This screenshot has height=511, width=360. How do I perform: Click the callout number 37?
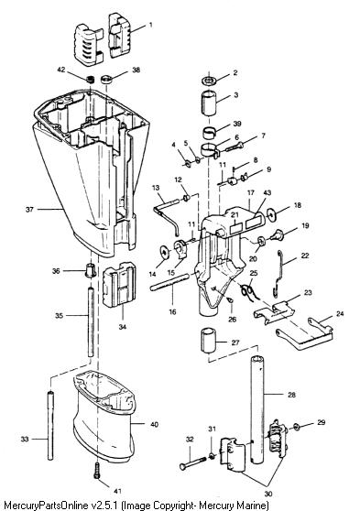(x=29, y=209)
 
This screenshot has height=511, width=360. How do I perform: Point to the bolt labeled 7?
(x=235, y=147)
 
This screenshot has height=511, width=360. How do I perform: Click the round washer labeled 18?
(x=271, y=213)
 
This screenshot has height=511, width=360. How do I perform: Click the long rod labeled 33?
(x=50, y=425)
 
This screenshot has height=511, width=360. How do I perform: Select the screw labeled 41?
(x=96, y=471)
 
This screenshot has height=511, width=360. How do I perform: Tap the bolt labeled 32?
(x=192, y=462)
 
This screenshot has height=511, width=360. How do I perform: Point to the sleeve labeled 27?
(x=208, y=341)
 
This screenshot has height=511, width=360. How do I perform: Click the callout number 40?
(x=154, y=424)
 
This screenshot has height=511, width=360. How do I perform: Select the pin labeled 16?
(x=169, y=283)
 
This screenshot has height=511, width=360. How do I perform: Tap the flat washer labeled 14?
(x=165, y=252)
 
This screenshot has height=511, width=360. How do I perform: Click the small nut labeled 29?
(x=297, y=426)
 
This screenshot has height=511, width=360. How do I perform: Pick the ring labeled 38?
(x=106, y=79)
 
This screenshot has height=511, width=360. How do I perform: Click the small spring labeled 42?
(x=91, y=79)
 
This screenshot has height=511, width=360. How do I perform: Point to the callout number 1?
(x=150, y=25)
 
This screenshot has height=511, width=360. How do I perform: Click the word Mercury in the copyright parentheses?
(x=213, y=506)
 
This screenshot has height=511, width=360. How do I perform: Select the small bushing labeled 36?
(x=91, y=270)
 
